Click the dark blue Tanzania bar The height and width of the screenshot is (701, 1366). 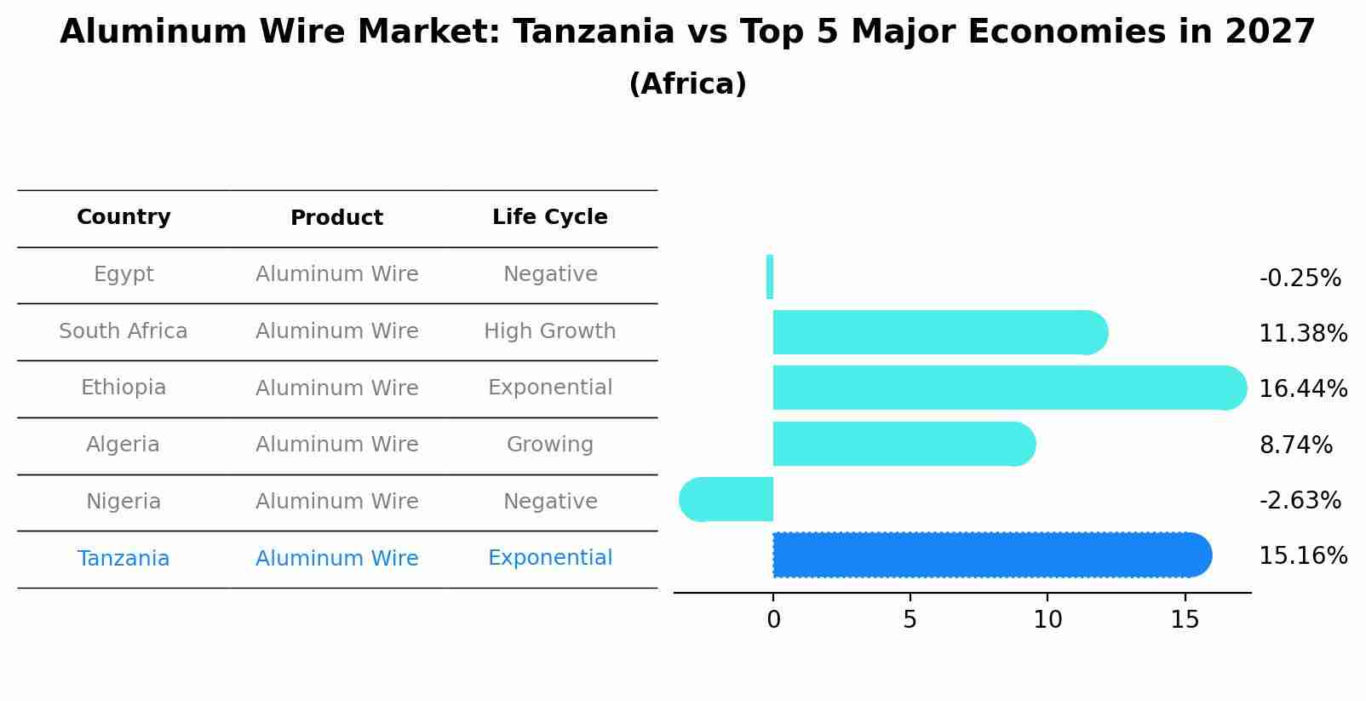988,554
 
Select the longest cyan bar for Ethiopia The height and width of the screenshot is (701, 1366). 1005,388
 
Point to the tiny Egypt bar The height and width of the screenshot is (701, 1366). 770,277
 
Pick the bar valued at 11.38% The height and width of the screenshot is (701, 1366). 937,332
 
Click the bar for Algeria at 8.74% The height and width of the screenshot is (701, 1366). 903,444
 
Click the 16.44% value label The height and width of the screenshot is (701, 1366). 1302,389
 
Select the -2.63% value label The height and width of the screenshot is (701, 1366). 1300,501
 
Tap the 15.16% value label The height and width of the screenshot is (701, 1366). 1302,556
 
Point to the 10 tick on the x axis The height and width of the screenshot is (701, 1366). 1047,620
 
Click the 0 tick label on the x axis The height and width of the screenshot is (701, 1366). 773,620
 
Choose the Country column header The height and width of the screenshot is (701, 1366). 123,217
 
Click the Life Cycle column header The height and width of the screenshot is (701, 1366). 549,217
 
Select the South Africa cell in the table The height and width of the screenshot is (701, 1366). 123,331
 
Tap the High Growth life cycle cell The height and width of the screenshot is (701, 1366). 549,331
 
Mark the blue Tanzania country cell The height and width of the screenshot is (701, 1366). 123,559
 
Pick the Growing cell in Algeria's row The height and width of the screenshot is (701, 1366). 549,445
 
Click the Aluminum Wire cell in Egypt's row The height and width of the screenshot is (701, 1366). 336,274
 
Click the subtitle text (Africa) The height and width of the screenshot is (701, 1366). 687,84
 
